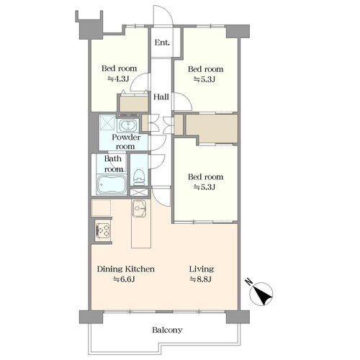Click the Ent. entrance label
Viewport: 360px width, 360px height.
click(x=162, y=42)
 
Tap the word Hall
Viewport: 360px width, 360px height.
click(x=161, y=97)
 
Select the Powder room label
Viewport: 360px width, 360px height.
click(x=126, y=142)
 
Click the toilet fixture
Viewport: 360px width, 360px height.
click(x=139, y=177)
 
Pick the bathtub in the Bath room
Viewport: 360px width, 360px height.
click(x=112, y=184)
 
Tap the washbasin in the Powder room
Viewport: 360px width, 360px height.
click(x=128, y=125)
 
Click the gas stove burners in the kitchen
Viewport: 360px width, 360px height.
click(x=103, y=230)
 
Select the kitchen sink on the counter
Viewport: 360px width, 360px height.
click(x=139, y=208)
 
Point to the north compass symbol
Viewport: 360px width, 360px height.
click(x=261, y=294)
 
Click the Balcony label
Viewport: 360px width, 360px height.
click(x=167, y=330)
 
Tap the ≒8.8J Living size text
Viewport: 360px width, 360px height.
click(x=201, y=279)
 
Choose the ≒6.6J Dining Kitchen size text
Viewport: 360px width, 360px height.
click(x=124, y=279)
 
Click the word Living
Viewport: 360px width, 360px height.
click(x=202, y=269)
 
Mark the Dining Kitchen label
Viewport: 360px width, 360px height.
click(x=125, y=269)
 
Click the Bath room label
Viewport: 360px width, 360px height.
click(x=113, y=164)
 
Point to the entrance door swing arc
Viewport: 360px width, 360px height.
click(x=168, y=12)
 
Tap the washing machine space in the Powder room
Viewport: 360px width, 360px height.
click(x=107, y=122)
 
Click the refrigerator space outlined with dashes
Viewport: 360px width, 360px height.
click(x=101, y=207)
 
